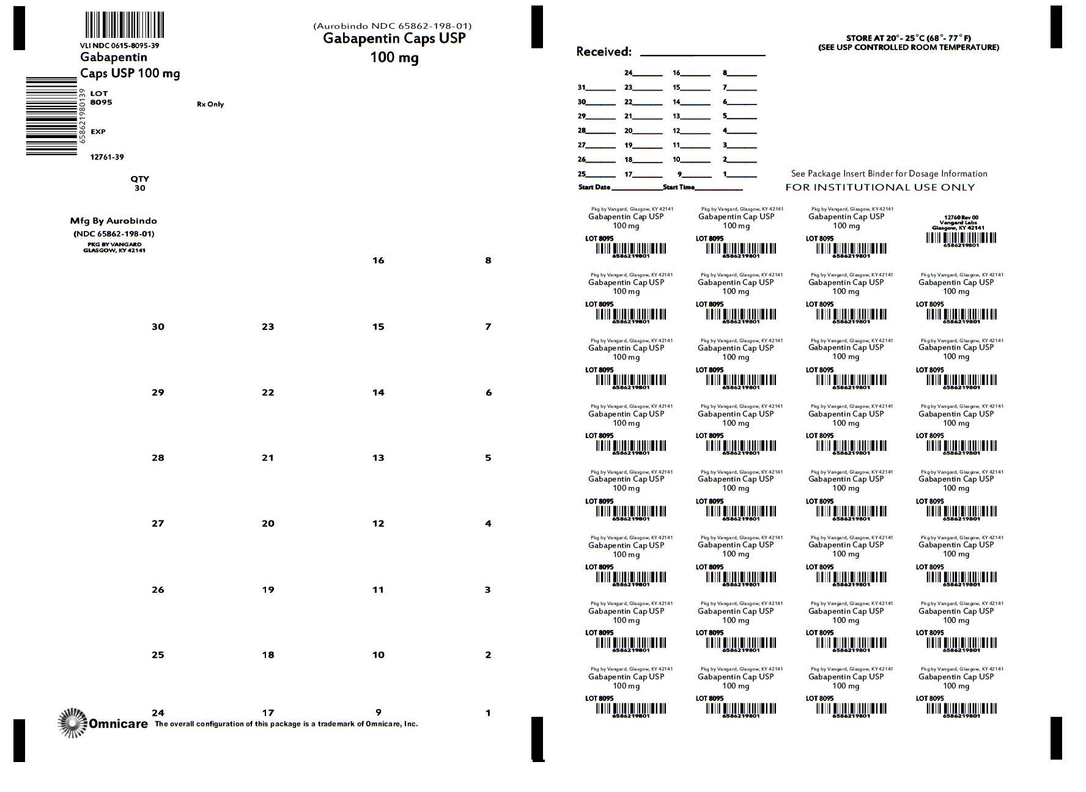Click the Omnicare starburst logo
tap(73, 723)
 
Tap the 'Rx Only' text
tap(210, 105)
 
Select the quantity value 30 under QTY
tap(140, 188)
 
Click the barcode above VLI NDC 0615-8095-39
tap(124, 26)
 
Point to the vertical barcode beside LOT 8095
tap(51, 116)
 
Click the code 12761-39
tap(107, 157)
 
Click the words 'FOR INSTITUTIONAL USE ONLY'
tap(880, 188)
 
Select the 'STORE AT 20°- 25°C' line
tap(909, 38)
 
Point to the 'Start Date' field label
tap(594, 187)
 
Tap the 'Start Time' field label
tap(679, 187)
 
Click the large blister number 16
tap(379, 261)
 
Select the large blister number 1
tap(488, 713)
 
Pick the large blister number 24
tap(158, 713)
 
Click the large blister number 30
tap(158, 327)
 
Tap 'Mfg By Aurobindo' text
tap(114, 221)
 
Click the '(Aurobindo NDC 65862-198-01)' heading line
tap(392, 26)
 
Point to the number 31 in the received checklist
tap(582, 87)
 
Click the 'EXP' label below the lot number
tap(98, 132)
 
